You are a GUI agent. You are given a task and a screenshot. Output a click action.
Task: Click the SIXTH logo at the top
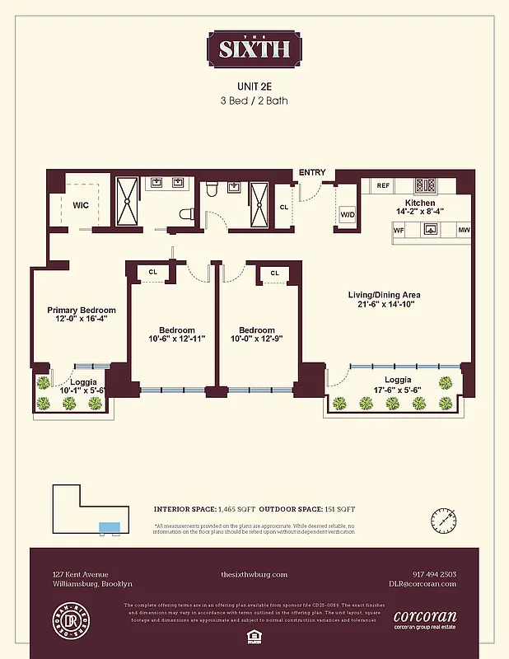[x=254, y=49]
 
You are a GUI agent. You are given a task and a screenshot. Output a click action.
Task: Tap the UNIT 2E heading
[x=254, y=86]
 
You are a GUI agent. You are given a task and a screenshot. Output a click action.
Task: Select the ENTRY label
[x=312, y=173]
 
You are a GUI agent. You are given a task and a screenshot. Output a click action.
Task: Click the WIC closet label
[x=81, y=204]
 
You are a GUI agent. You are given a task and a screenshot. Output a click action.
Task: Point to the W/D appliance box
[x=348, y=215]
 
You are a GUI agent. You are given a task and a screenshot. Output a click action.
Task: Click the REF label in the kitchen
[x=383, y=186]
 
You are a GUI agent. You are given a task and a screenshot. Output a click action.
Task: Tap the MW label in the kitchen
[x=464, y=230]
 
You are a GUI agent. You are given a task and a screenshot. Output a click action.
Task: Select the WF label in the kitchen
[x=398, y=230]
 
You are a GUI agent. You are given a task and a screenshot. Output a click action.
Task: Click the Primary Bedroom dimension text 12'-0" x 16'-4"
[x=81, y=320]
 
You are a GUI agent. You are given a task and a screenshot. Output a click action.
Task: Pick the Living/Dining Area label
[x=384, y=294]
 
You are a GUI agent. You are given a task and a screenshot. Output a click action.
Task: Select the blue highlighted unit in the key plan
[x=109, y=527]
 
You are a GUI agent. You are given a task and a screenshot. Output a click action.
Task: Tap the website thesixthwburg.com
[x=254, y=574]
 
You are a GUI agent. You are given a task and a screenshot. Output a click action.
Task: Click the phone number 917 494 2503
[x=433, y=574]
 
